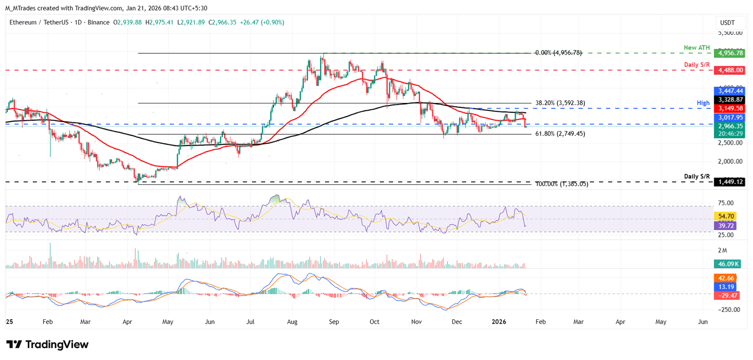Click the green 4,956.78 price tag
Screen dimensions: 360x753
[x=729, y=53]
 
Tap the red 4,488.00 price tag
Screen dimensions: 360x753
[x=729, y=70]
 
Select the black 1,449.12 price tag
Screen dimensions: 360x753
[x=729, y=181]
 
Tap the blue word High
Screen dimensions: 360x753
[x=703, y=103]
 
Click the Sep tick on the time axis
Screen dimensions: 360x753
[x=333, y=322]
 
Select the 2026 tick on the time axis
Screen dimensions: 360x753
[x=499, y=322]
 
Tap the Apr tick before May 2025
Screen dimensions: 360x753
[x=127, y=322]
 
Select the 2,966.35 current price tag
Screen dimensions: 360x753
[x=729, y=126]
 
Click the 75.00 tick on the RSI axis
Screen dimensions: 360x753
[x=727, y=203]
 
